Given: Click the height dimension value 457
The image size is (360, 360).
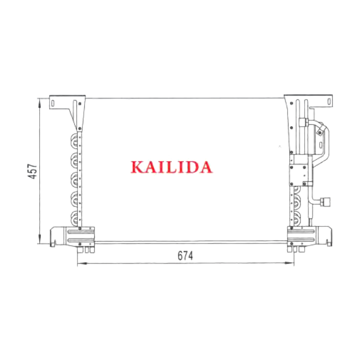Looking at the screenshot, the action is [x=32, y=171].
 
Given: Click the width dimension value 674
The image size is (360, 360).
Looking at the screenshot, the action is [x=185, y=256].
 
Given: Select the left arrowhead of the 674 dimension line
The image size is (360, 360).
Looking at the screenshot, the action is [x=82, y=263].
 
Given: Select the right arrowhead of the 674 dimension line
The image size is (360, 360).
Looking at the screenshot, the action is [x=289, y=263].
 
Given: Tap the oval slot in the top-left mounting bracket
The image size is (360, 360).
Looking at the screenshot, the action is [x=53, y=103].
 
